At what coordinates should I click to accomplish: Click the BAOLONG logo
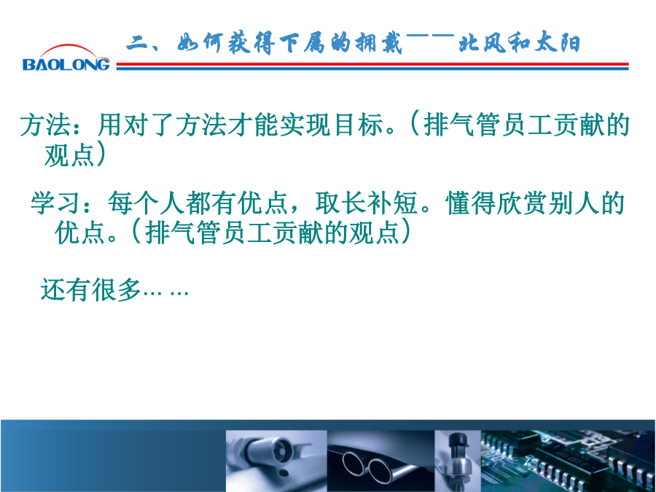(66, 58)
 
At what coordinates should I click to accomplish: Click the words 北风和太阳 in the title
(519, 43)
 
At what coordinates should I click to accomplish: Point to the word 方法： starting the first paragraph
(50, 124)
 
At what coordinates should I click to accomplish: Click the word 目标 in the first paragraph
(359, 124)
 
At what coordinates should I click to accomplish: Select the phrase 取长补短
(367, 203)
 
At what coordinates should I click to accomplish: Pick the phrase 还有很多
(90, 289)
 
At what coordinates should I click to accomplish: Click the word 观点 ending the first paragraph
(69, 155)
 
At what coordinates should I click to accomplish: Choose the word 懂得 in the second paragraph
(471, 203)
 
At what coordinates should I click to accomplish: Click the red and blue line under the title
(372, 66)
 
